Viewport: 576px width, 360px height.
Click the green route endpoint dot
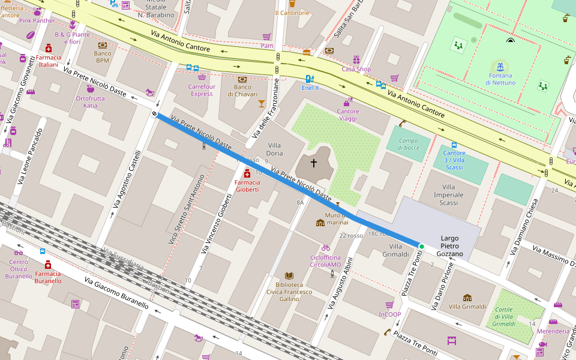(x=421, y=246)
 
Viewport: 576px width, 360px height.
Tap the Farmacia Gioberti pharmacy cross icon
(x=247, y=173)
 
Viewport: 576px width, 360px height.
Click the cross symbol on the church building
(x=313, y=163)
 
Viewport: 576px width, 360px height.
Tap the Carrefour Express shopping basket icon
(x=202, y=77)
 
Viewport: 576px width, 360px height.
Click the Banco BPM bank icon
(x=103, y=45)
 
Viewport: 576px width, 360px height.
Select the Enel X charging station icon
(x=310, y=79)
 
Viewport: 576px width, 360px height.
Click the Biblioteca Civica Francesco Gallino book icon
(x=289, y=275)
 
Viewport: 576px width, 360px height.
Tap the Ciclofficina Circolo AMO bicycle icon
(x=326, y=247)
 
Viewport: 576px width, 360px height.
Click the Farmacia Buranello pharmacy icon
(x=48, y=265)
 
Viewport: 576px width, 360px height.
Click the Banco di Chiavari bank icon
(x=242, y=79)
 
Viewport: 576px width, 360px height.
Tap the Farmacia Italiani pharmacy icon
(x=49, y=48)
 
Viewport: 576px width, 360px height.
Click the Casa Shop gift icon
(x=356, y=59)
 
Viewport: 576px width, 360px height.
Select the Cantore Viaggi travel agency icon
(x=348, y=101)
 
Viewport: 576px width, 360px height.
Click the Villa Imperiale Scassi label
(x=449, y=195)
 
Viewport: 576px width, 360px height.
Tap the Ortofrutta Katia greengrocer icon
(x=91, y=89)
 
